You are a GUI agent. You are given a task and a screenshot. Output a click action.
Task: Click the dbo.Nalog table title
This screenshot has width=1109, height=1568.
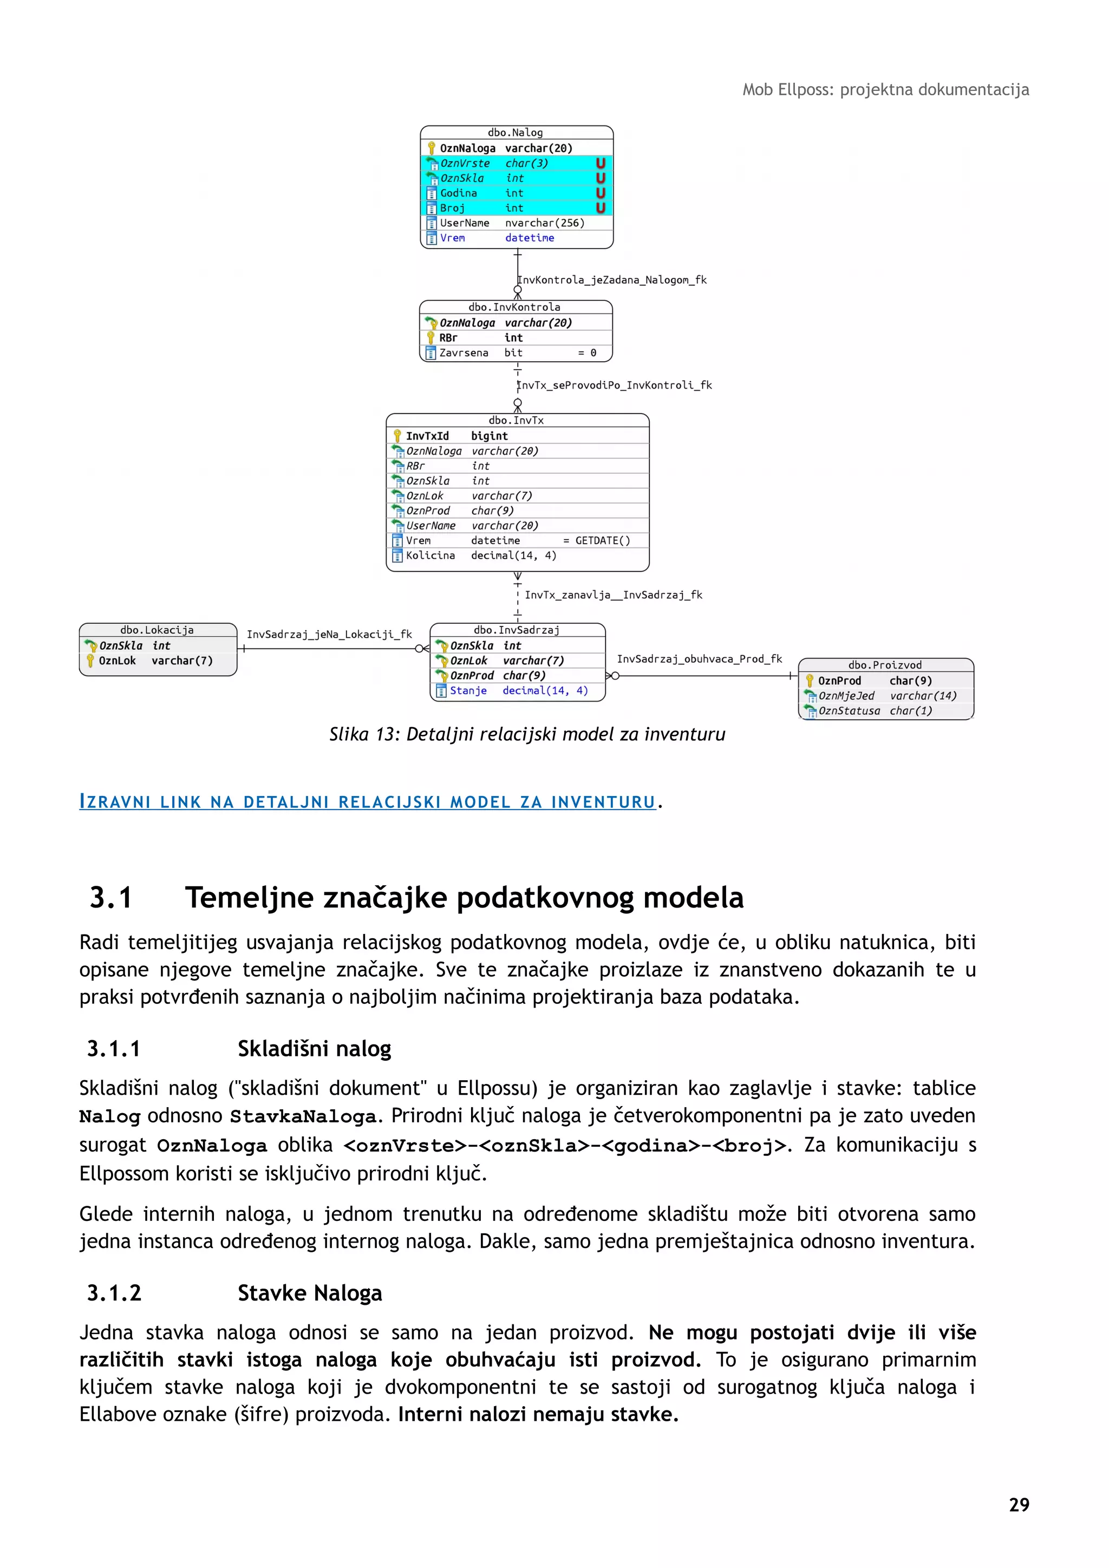pyautogui.click(x=516, y=133)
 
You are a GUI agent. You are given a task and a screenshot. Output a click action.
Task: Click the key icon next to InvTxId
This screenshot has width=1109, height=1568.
pyautogui.click(x=397, y=436)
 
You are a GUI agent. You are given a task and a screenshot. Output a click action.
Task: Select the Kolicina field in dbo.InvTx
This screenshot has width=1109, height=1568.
pyautogui.click(x=430, y=555)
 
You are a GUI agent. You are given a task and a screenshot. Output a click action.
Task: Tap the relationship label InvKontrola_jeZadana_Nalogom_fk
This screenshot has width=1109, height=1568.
pyautogui.click(x=612, y=279)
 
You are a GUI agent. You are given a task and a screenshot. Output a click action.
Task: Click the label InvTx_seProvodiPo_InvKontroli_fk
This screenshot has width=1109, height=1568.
pyautogui.click(x=615, y=385)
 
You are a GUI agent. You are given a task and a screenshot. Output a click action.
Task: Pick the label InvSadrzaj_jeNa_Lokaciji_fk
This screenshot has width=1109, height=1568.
pyautogui.click(x=329, y=634)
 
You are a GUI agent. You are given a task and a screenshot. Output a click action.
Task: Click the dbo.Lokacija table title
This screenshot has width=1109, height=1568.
pyautogui.click(x=157, y=630)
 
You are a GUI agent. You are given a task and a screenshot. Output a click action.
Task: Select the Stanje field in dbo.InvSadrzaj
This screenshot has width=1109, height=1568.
pyautogui.click(x=468, y=690)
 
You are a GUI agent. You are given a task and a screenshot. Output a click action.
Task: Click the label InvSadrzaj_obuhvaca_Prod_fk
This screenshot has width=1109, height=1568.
pyautogui.click(x=699, y=658)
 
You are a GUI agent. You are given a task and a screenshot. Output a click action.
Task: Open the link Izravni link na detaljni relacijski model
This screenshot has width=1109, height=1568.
pyautogui.click(x=367, y=802)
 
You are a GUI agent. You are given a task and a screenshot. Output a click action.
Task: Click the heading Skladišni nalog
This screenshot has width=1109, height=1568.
pyautogui.click(x=314, y=1048)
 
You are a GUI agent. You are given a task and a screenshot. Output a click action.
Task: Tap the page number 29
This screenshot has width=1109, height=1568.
pyautogui.click(x=1019, y=1505)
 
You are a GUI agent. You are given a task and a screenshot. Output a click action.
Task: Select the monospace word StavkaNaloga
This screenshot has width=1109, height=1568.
pyautogui.click(x=303, y=1116)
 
